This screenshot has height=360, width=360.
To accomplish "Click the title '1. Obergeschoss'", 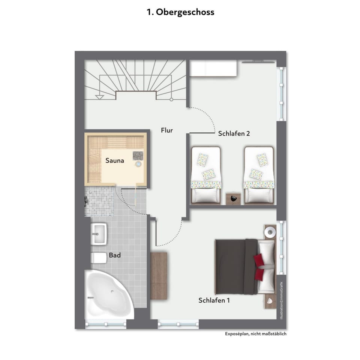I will tap(180, 12).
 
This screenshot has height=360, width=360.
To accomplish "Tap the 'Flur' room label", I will tap(167, 130).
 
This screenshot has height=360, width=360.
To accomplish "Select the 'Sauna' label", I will tap(114, 160).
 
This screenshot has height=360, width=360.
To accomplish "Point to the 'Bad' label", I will tap(115, 255).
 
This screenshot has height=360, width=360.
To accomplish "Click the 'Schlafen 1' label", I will tap(214, 300).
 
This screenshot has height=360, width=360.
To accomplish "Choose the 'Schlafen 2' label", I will tap(234, 133).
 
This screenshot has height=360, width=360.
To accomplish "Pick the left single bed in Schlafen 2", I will tap(206, 174).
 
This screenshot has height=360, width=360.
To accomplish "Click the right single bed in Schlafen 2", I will tap(258, 174).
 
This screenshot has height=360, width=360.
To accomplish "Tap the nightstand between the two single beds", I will tap(233, 198).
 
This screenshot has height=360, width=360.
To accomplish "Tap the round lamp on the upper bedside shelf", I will tap(270, 232).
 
